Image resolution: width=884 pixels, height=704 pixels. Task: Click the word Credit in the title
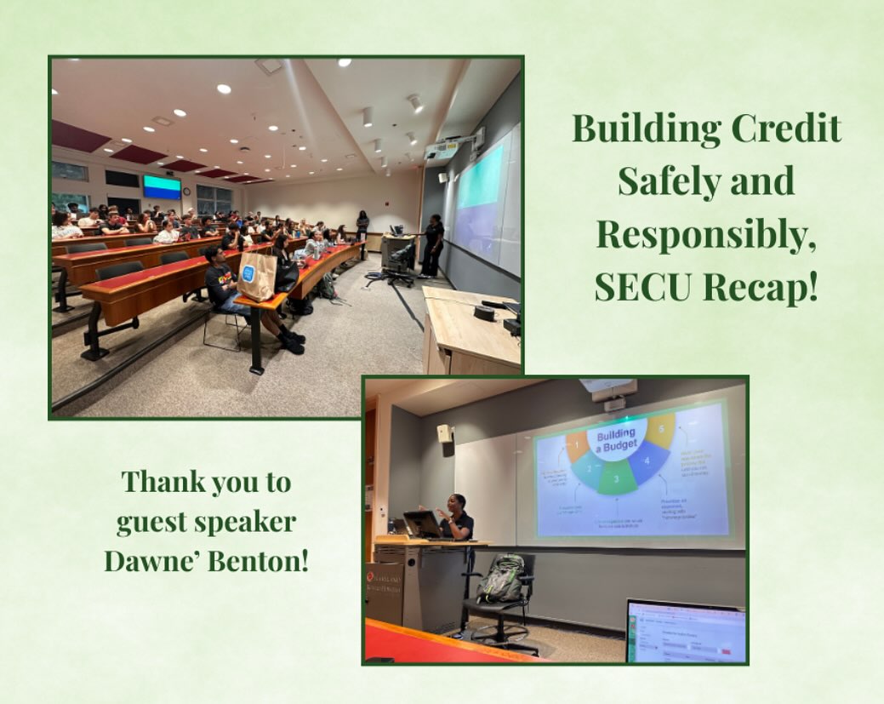point(782,129)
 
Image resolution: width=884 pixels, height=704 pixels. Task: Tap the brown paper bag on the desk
point(257,276)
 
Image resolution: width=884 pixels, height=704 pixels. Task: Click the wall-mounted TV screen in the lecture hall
point(162,186)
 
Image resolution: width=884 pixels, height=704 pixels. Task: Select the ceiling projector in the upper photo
point(442,151)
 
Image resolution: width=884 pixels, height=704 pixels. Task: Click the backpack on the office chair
point(503,578)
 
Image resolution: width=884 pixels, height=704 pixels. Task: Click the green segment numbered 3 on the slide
point(619,481)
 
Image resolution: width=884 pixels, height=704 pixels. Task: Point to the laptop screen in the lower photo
point(686,632)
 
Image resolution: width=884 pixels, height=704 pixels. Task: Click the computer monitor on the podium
point(422,524)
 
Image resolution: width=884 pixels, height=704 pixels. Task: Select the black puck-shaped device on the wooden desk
point(485,312)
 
